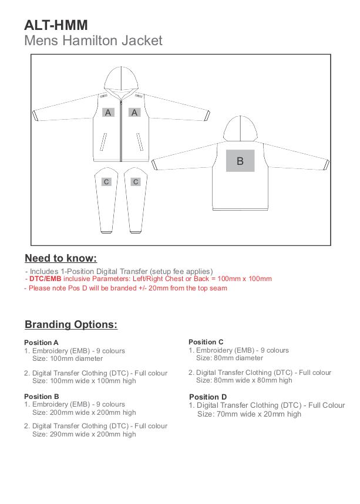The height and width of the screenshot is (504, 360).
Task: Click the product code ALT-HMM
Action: pos(56,25)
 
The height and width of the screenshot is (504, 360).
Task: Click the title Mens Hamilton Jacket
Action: pos(93,40)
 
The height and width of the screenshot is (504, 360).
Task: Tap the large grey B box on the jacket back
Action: pos(240,161)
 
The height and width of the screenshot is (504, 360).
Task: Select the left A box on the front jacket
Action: pos(108,112)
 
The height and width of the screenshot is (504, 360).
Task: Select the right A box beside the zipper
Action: pos(135,112)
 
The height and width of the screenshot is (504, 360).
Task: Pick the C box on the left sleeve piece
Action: pos(106,182)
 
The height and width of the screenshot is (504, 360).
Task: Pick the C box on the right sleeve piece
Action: pos(136,182)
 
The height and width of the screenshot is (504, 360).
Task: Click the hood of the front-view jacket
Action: pos(121,80)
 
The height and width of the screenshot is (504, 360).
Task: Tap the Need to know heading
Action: pos(60,258)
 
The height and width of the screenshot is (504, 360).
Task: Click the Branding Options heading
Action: pos(71,324)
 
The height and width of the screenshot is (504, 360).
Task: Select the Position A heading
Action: pos(41,343)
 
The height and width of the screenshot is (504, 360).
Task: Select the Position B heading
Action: pos(41,397)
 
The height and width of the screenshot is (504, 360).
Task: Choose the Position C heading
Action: pos(206,342)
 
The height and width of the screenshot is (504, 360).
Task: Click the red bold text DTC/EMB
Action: pos(45,279)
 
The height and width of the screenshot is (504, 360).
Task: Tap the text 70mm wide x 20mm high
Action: pos(249,414)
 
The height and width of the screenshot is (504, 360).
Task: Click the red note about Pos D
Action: pos(126,288)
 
